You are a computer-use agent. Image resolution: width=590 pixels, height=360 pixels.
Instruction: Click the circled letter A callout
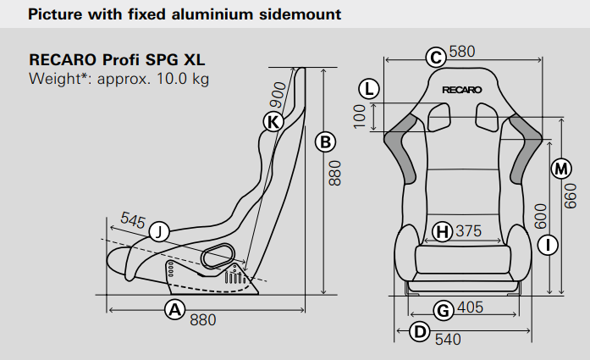pyautogui.click(x=174, y=309)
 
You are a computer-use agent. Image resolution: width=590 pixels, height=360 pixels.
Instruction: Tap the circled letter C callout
pyautogui.click(x=435, y=57)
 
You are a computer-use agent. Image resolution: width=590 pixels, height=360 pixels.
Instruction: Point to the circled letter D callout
pyautogui.click(x=419, y=331)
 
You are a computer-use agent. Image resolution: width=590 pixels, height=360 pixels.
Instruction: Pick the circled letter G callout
pyautogui.click(x=442, y=309)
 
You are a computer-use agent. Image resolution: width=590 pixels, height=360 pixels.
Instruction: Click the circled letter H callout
pyautogui.click(x=442, y=231)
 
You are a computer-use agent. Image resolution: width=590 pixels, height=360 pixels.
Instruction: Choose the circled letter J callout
pyautogui.click(x=158, y=230)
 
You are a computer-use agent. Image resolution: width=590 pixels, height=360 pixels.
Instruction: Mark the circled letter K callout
pyautogui.click(x=273, y=121)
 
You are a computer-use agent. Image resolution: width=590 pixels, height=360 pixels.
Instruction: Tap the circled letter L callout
pyautogui.click(x=368, y=88)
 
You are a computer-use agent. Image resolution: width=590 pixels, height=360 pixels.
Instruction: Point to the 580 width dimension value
pyautogui.click(x=462, y=52)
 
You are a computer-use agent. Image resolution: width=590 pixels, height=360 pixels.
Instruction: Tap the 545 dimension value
pyautogui.click(x=133, y=219)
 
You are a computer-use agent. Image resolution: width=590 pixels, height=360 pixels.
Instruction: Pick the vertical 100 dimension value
pyautogui.click(x=360, y=116)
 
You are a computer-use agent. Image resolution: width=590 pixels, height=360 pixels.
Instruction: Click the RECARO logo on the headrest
pyautogui.click(x=461, y=88)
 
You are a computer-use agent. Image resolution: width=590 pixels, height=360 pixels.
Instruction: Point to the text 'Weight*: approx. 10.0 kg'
pyautogui.click(x=119, y=80)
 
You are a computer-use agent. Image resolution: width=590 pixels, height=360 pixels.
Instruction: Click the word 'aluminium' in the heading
pyautogui.click(x=195, y=15)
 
